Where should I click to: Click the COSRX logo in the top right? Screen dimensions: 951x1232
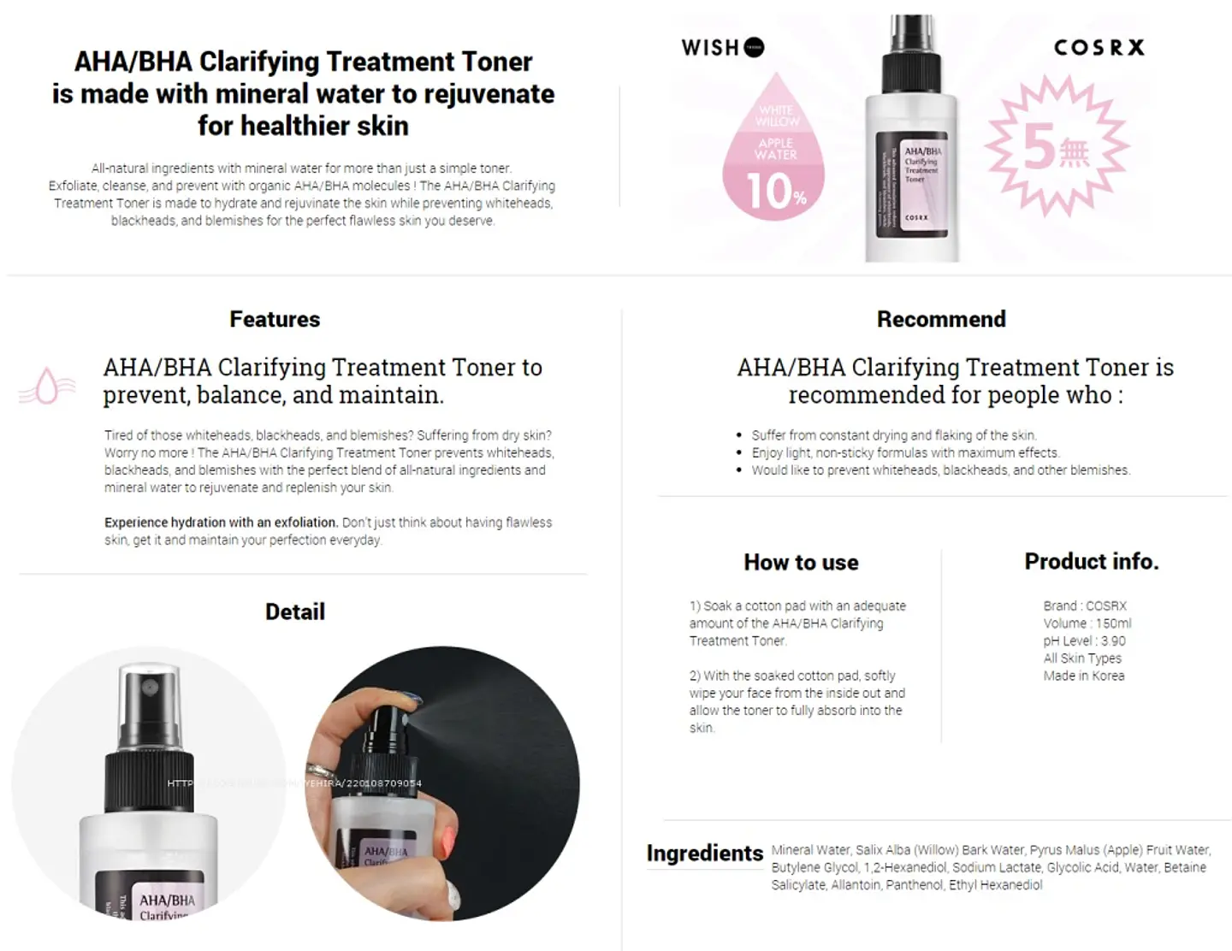coord(1099,48)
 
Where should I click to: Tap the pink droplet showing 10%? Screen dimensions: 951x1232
coord(774,158)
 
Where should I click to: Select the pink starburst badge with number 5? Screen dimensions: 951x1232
coord(1057,146)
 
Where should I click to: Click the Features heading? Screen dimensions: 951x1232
coord(275,319)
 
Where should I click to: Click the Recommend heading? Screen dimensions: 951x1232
coord(941,319)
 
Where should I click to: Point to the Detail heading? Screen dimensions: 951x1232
coord(295,611)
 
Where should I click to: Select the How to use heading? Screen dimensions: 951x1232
coord(801,562)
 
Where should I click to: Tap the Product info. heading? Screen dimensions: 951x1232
coord(1092,561)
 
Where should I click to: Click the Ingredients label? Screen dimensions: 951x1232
coord(704,853)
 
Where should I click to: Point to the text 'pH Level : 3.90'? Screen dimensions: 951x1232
coord(1084,641)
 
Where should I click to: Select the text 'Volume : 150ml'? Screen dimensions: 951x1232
coord(1087,623)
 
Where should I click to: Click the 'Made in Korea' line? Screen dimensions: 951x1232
coord(1084,676)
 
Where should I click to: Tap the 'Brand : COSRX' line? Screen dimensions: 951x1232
coord(1085,605)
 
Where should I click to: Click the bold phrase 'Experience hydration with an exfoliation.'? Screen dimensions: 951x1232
coord(221,523)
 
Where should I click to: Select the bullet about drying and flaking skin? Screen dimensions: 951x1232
coord(893,435)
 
